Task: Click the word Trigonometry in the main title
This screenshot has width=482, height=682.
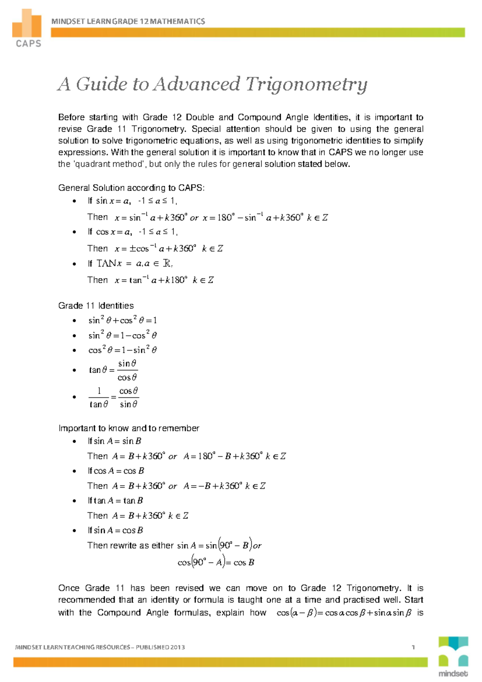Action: coord(306,84)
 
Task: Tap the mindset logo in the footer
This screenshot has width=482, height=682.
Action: coord(453,657)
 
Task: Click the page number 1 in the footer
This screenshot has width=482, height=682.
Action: coord(413,647)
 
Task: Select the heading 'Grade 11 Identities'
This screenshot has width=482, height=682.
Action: coord(96,306)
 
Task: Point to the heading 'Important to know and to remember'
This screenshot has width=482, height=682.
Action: coord(129,428)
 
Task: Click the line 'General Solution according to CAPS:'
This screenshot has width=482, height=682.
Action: coord(131,188)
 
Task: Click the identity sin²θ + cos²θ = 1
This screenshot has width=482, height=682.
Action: coord(123,320)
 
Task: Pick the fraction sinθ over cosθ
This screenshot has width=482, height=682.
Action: coord(127,370)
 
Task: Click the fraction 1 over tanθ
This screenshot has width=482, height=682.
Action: coord(99,397)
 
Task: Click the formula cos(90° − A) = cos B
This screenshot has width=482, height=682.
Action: coord(216,562)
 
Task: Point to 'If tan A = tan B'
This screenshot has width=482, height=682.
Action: coord(115,501)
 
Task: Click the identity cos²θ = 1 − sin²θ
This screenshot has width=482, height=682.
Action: coord(123,350)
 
